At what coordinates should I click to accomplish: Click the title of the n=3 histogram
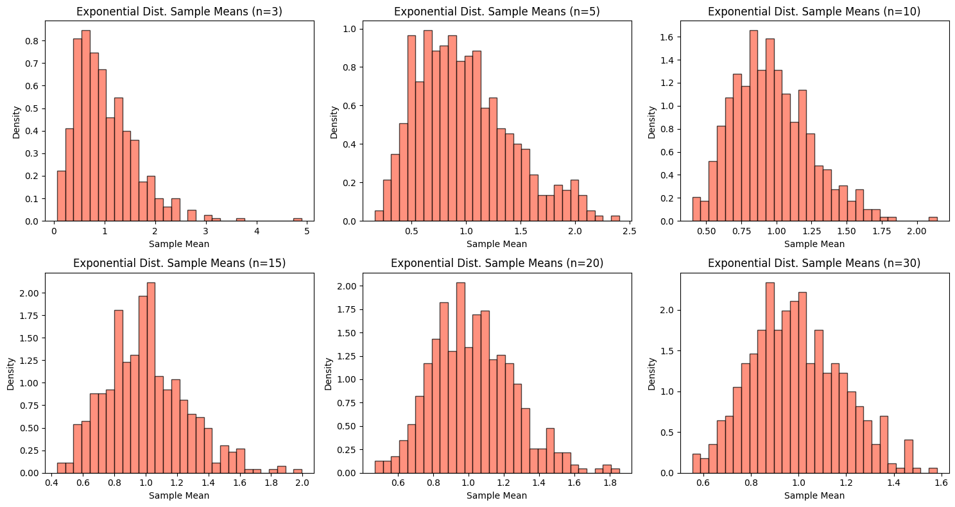pyautogui.click(x=179, y=11)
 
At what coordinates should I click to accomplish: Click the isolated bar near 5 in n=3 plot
pyautogui.click(x=298, y=219)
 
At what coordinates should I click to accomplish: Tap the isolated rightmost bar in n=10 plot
pyautogui.click(x=933, y=219)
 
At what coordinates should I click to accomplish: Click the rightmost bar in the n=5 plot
pyautogui.click(x=615, y=218)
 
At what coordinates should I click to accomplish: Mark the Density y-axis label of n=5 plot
pyautogui.click(x=334, y=121)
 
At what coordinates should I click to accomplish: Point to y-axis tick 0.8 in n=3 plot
pyautogui.click(x=40, y=40)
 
